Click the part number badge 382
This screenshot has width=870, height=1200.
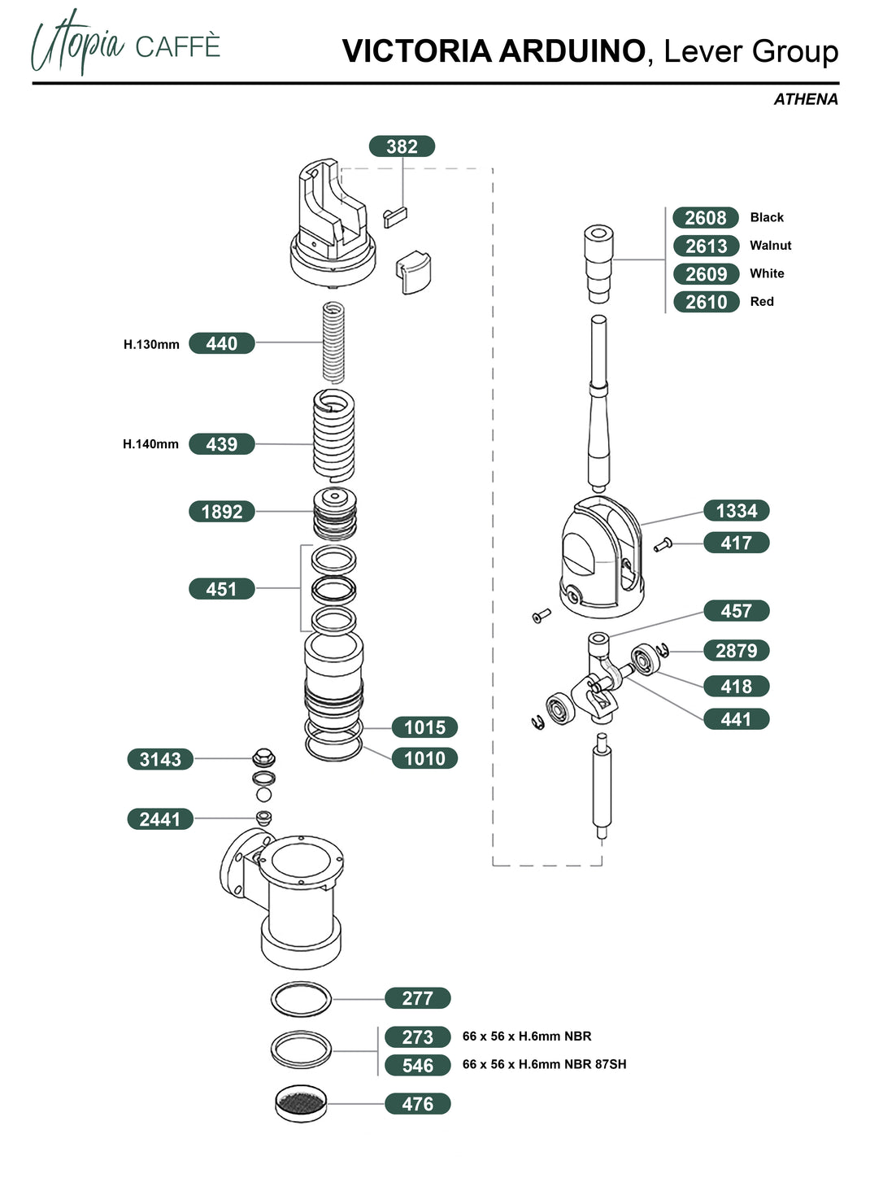click(x=402, y=146)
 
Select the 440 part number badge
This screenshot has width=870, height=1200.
click(x=221, y=343)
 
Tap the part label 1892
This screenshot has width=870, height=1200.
click(x=221, y=512)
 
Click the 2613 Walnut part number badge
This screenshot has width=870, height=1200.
click(x=706, y=246)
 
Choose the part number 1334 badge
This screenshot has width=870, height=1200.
click(x=736, y=511)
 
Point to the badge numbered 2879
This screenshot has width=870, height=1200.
click(x=736, y=651)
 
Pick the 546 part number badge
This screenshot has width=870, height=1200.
click(x=417, y=1066)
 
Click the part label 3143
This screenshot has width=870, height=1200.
click(x=160, y=760)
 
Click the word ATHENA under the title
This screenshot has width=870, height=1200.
click(x=805, y=99)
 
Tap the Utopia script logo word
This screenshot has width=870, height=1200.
click(x=79, y=42)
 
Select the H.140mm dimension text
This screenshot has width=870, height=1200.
click(x=150, y=444)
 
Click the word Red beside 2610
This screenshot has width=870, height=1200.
click(x=762, y=302)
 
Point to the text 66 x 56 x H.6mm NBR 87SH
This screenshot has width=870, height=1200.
click(x=544, y=1064)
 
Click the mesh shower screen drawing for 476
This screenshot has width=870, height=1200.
click(x=301, y=1103)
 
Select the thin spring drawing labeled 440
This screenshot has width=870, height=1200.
click(x=333, y=342)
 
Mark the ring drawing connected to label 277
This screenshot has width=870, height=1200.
click(x=301, y=999)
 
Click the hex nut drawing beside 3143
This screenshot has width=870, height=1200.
click(x=263, y=758)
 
